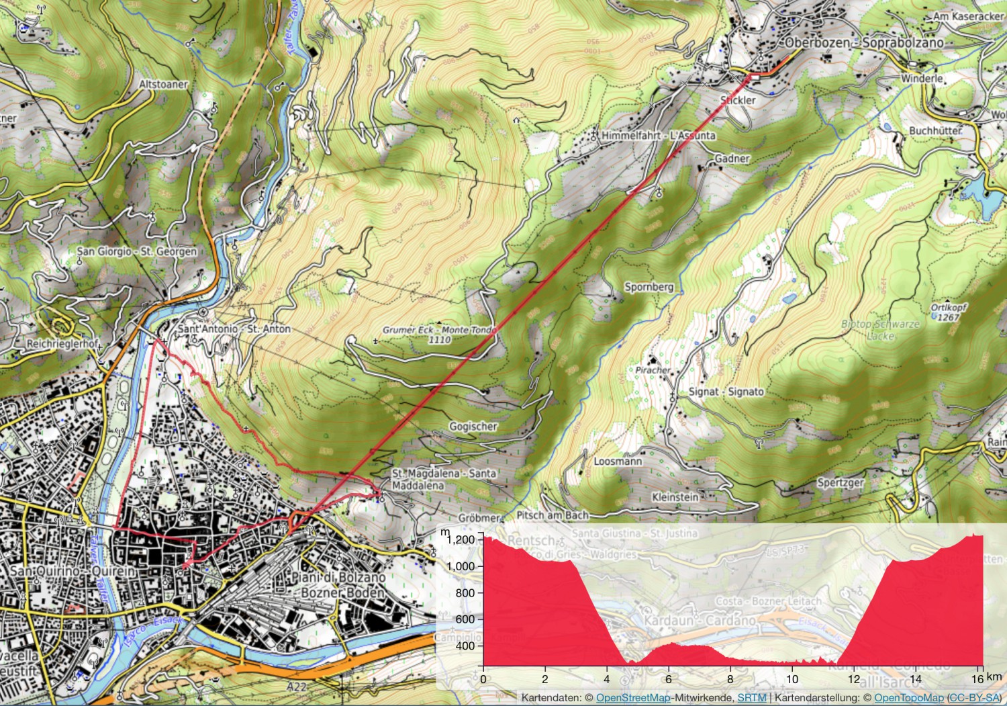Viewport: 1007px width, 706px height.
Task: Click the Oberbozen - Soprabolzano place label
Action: [x=864, y=43]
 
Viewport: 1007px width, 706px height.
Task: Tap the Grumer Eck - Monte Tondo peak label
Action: [x=440, y=335]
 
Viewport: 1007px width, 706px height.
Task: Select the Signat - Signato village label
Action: [x=726, y=392]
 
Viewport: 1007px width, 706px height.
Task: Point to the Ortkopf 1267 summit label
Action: [x=949, y=312]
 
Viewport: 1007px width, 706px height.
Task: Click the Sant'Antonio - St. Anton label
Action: [x=234, y=329]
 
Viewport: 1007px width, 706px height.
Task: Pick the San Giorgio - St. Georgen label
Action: [x=137, y=251]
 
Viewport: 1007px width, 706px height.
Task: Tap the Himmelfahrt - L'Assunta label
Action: [x=658, y=136]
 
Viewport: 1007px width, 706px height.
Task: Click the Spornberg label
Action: [x=649, y=287]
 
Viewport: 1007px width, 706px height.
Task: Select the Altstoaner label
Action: [x=164, y=85]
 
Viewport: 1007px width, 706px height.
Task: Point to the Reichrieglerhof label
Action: [x=62, y=344]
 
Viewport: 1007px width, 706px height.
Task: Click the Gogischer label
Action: [x=473, y=427]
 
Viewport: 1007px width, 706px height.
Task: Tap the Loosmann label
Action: [x=618, y=461]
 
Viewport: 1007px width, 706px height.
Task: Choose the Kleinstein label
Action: [x=675, y=497]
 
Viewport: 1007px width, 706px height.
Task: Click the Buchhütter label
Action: [x=935, y=130]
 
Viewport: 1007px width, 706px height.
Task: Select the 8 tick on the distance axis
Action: [x=730, y=678]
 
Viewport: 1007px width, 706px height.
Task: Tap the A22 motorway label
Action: [x=296, y=687]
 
